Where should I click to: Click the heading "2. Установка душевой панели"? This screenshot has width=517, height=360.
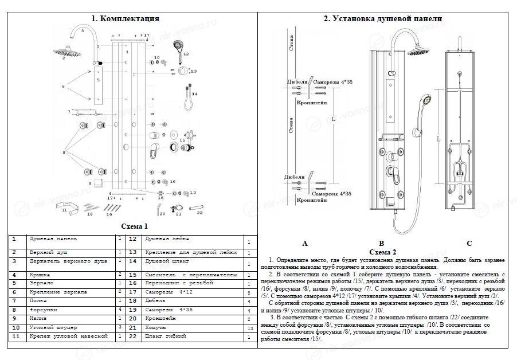pos(382,19)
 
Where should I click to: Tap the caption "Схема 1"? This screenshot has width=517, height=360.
pos(135,226)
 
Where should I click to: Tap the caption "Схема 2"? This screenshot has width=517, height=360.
pos(383,252)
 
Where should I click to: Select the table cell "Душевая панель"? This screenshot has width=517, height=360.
pos(53,238)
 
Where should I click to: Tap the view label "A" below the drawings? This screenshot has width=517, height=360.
pos(304,244)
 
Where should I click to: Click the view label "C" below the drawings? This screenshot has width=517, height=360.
pos(468,244)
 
